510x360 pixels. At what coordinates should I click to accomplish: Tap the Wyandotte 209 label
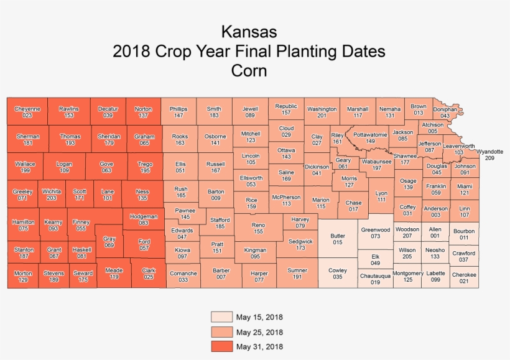pyautogui.click(x=489, y=155)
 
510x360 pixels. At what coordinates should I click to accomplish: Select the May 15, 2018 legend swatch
pyautogui.click(x=222, y=316)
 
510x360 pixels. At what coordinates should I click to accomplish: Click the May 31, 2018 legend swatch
pyautogui.click(x=222, y=346)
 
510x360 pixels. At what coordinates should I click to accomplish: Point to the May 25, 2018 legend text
pyautogui.click(x=259, y=333)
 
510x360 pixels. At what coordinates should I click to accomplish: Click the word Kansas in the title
pyautogui.click(x=249, y=32)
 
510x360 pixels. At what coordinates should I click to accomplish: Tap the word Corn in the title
pyautogui.click(x=249, y=71)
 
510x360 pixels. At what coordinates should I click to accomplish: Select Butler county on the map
pyautogui.click(x=338, y=239)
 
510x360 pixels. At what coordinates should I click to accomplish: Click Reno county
pyautogui.click(x=259, y=228)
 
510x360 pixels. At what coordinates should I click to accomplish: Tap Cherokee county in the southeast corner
pyautogui.click(x=464, y=277)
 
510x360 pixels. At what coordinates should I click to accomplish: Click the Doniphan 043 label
pyautogui.click(x=445, y=113)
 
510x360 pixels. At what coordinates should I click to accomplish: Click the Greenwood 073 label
pyautogui.click(x=375, y=233)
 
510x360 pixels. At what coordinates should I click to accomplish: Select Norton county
pyautogui.click(x=144, y=111)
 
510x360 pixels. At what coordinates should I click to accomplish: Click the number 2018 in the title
pyautogui.click(x=131, y=52)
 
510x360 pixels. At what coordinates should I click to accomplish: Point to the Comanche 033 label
pyautogui.click(x=183, y=277)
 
